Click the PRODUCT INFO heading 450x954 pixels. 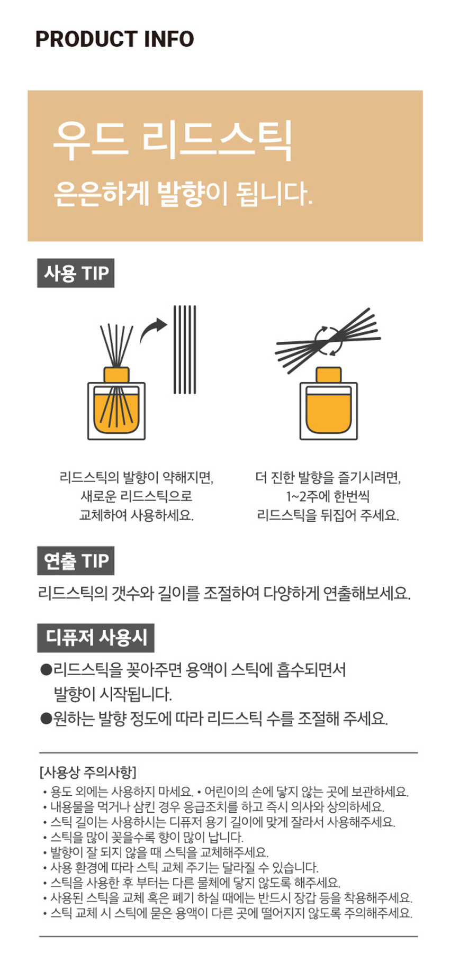[x=114, y=39]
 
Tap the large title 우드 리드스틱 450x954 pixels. [x=173, y=140]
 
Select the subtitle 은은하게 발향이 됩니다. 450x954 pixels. [x=183, y=194]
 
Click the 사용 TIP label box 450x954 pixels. [x=76, y=273]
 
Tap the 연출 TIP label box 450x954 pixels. [x=76, y=560]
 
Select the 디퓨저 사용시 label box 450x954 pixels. [x=96, y=638]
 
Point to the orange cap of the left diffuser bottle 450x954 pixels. [x=116, y=375]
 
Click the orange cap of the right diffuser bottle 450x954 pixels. [x=329, y=375]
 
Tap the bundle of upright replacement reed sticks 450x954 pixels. [x=185, y=350]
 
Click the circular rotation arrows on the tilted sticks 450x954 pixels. [x=329, y=340]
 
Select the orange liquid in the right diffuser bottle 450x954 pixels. [x=329, y=411]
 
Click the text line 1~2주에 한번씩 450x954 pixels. [x=328, y=496]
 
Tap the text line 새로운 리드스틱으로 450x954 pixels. [x=137, y=496]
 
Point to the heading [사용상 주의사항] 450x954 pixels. [x=88, y=772]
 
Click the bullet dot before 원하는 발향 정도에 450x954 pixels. [x=46, y=718]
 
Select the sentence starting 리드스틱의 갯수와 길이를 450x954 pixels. [x=224, y=593]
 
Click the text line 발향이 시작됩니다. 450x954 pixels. [x=113, y=694]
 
